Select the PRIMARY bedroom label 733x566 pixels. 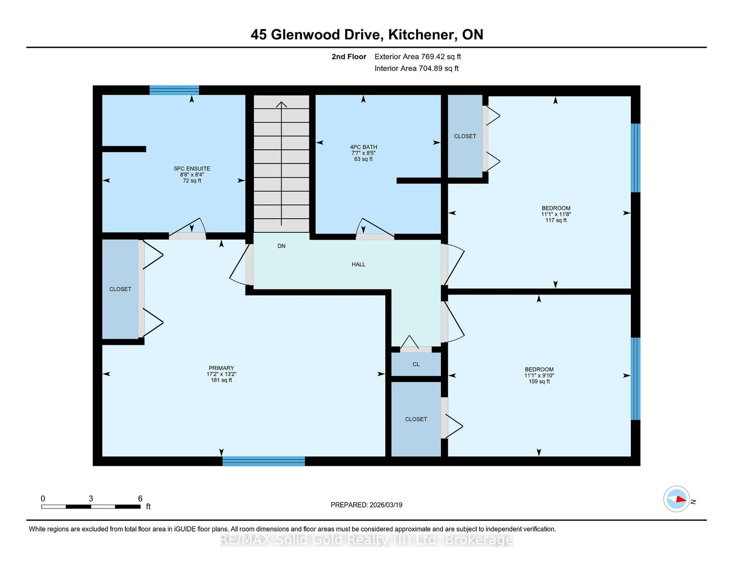[221, 368]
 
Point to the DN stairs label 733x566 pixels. [281, 246]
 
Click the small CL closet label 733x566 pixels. [416, 364]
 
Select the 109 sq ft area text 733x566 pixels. [539, 381]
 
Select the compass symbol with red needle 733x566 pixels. [676, 499]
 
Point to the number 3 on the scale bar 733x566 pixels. [91, 499]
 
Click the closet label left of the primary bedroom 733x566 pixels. [120, 289]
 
